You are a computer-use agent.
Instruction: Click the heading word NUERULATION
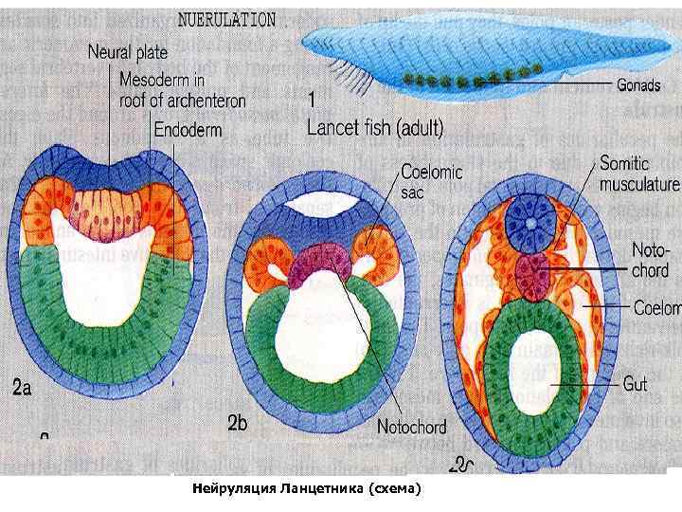click(x=227, y=18)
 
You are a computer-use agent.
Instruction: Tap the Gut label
click(x=635, y=385)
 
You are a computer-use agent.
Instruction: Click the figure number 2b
click(x=238, y=425)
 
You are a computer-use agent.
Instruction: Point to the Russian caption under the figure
click(x=304, y=489)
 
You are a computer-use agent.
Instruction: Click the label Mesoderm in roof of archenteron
click(x=183, y=90)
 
